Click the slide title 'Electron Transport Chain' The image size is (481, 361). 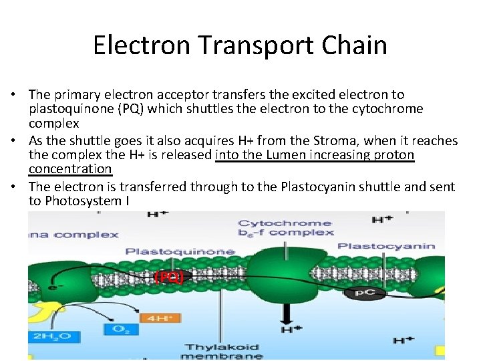[240, 45]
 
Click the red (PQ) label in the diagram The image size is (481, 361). [169, 276]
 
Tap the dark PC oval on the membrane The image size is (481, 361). [364, 293]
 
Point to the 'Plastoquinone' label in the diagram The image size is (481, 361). [180, 252]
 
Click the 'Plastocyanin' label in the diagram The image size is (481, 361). [386, 246]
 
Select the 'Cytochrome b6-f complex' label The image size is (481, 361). [285, 228]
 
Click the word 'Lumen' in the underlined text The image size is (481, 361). [289, 156]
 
